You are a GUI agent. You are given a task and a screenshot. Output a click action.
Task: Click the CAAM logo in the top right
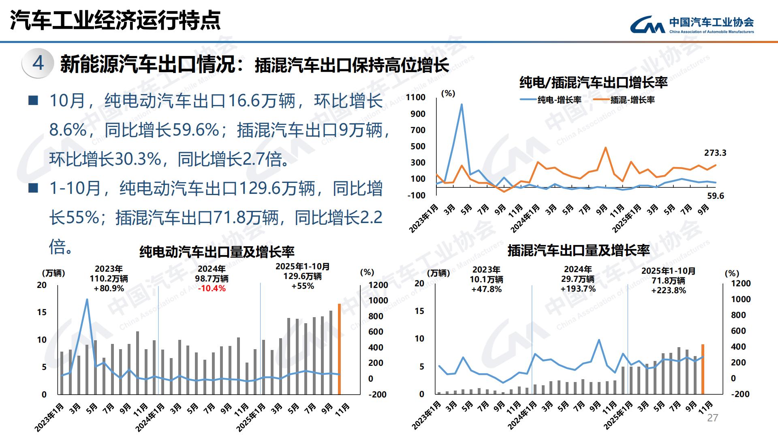(691, 25)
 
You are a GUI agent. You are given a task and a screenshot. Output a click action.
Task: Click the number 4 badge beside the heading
(38, 63)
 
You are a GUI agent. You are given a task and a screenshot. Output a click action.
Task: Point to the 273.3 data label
(715, 153)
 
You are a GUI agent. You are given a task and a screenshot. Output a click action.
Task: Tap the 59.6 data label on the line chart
(715, 196)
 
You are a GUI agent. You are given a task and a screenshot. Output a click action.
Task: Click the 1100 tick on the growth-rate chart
(415, 97)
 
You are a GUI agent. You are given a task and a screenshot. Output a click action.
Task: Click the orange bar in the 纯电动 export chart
(339, 349)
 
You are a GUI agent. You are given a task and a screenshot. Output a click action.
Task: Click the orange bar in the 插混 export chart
(703, 369)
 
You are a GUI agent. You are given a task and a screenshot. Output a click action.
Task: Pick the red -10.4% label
(212, 289)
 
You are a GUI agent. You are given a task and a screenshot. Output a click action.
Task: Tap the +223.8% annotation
(669, 290)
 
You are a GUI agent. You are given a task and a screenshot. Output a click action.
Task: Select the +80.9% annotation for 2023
(109, 289)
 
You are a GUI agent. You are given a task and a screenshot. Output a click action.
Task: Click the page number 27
(712, 418)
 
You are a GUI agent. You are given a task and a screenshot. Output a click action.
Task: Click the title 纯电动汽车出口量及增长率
(217, 252)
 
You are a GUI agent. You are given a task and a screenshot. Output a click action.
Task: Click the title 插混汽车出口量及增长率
(578, 250)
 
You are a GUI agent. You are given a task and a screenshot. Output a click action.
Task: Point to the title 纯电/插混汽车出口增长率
(593, 83)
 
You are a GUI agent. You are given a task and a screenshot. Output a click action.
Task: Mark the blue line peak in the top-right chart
(462, 105)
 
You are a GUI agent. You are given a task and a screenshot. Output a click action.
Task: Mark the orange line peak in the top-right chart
(605, 148)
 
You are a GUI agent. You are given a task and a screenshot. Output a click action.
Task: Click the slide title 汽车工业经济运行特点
(115, 20)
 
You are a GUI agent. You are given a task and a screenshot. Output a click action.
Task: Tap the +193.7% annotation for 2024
(578, 289)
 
